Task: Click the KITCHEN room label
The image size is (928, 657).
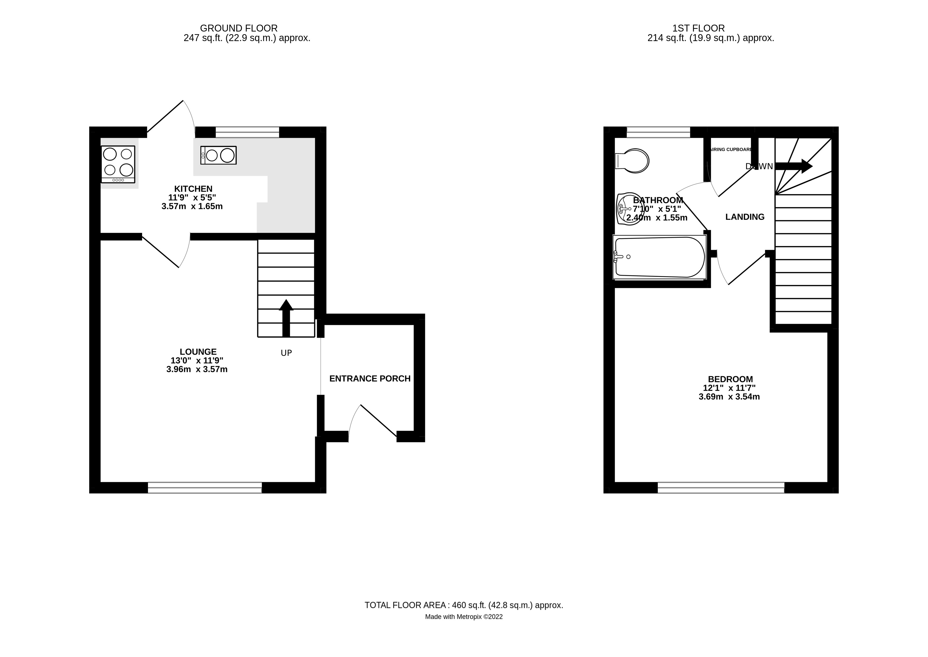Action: [193, 189]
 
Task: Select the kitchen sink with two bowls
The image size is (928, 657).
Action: [218, 155]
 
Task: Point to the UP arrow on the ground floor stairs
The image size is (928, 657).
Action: [286, 318]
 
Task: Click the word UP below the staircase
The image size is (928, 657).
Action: [286, 353]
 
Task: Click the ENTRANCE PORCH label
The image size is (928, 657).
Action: [370, 379]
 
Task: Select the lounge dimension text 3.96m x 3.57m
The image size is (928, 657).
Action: [197, 369]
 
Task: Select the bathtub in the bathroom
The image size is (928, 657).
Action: [659, 257]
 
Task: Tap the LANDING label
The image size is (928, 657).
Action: [745, 217]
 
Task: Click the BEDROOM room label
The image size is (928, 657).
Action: [730, 379]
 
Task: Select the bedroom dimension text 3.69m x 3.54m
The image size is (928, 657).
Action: [729, 397]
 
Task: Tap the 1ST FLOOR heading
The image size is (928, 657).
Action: [698, 28]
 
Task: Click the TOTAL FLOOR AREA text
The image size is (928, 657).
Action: [464, 605]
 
